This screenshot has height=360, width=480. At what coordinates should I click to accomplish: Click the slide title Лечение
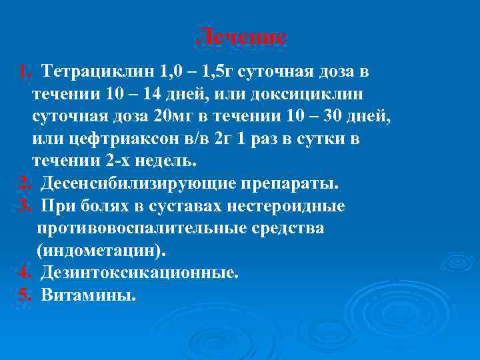pyautogui.click(x=243, y=37)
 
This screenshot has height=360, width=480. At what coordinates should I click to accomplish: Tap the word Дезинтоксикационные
pyautogui.click(x=139, y=273)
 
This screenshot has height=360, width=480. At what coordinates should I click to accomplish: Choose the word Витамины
pyautogui.click(x=88, y=295)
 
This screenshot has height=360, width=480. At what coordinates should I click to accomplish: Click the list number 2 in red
pyautogui.click(x=25, y=183)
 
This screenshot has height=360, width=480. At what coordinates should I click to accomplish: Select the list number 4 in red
pyautogui.click(x=25, y=273)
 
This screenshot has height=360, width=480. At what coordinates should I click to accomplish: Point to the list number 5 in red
pyautogui.click(x=25, y=295)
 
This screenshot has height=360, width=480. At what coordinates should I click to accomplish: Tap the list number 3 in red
pyautogui.click(x=25, y=206)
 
